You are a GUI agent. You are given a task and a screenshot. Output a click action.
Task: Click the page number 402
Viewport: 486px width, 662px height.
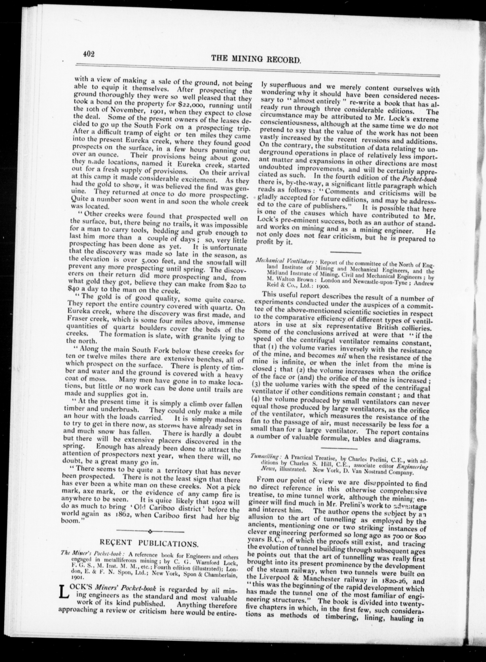pos(88,54)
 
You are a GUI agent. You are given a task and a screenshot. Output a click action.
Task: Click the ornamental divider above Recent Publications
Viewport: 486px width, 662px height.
pos(150,531)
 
